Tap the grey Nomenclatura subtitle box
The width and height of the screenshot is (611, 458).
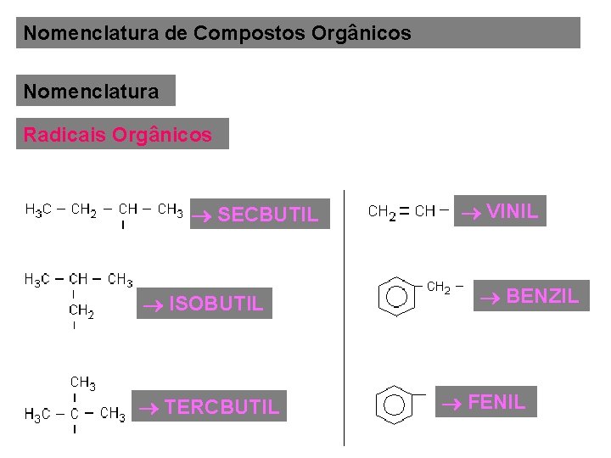click(95, 91)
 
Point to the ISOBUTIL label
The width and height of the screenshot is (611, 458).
click(215, 303)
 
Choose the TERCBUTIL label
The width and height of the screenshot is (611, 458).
click(221, 407)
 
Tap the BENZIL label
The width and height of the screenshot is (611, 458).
click(542, 296)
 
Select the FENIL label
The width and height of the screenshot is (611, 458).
click(496, 401)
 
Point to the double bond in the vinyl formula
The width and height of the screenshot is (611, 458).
click(405, 211)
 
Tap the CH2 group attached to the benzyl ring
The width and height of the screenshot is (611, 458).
click(438, 288)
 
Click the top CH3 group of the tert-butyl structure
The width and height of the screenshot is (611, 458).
click(82, 383)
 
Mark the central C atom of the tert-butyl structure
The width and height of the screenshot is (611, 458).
click(75, 414)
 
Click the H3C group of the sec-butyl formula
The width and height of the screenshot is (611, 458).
click(38, 209)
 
